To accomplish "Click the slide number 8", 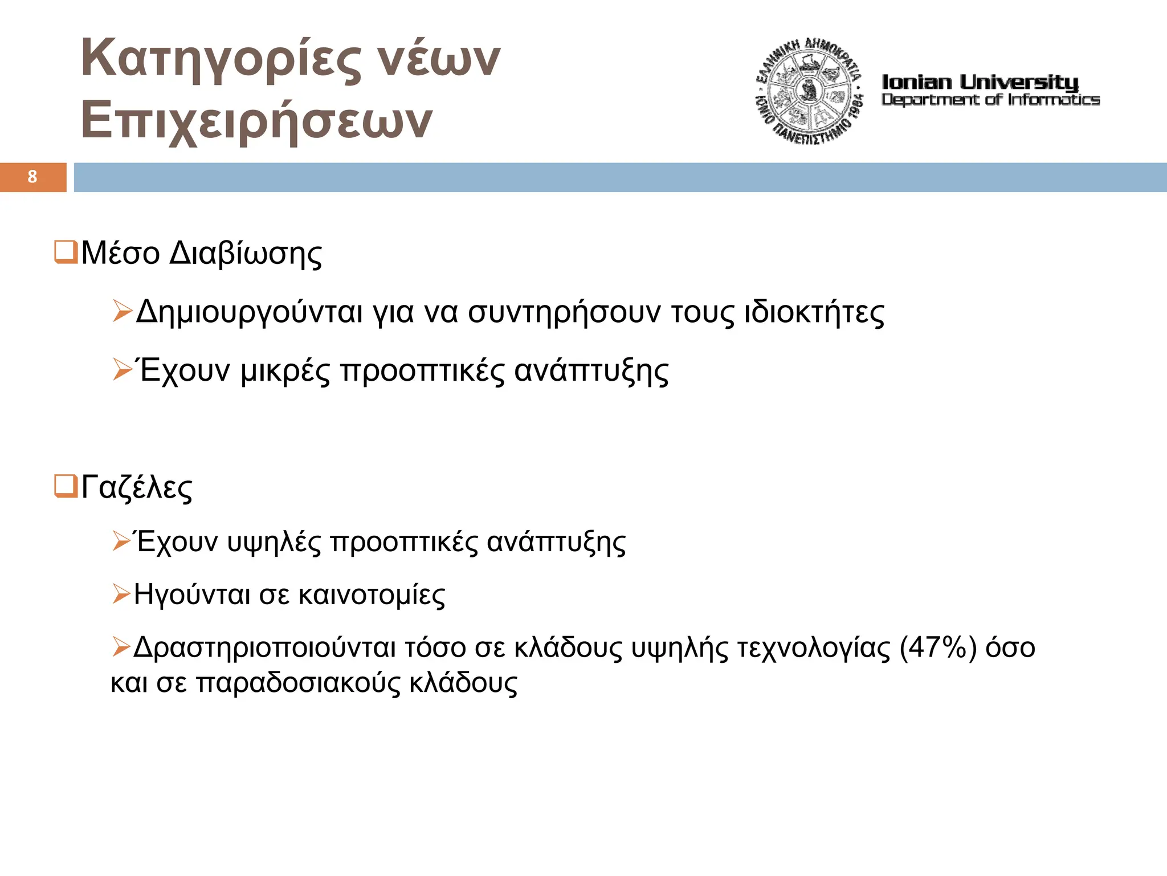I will click(x=32, y=177).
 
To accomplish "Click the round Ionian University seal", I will click(x=809, y=91).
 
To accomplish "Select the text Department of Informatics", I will click(x=990, y=100).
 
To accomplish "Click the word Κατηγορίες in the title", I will click(x=221, y=58).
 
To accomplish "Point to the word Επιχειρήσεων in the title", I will click(x=256, y=121).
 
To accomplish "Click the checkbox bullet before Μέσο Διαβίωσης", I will click(x=66, y=252).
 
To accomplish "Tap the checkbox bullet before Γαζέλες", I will click(x=66, y=486).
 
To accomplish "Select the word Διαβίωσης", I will click(x=246, y=254).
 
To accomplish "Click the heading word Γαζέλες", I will click(x=137, y=488).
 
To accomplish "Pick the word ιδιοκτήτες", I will click(x=814, y=312).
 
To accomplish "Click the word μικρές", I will click(x=285, y=371).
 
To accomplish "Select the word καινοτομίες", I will click(x=372, y=595).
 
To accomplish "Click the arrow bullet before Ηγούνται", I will click(x=121, y=594).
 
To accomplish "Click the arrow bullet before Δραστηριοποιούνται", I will click(x=121, y=647).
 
